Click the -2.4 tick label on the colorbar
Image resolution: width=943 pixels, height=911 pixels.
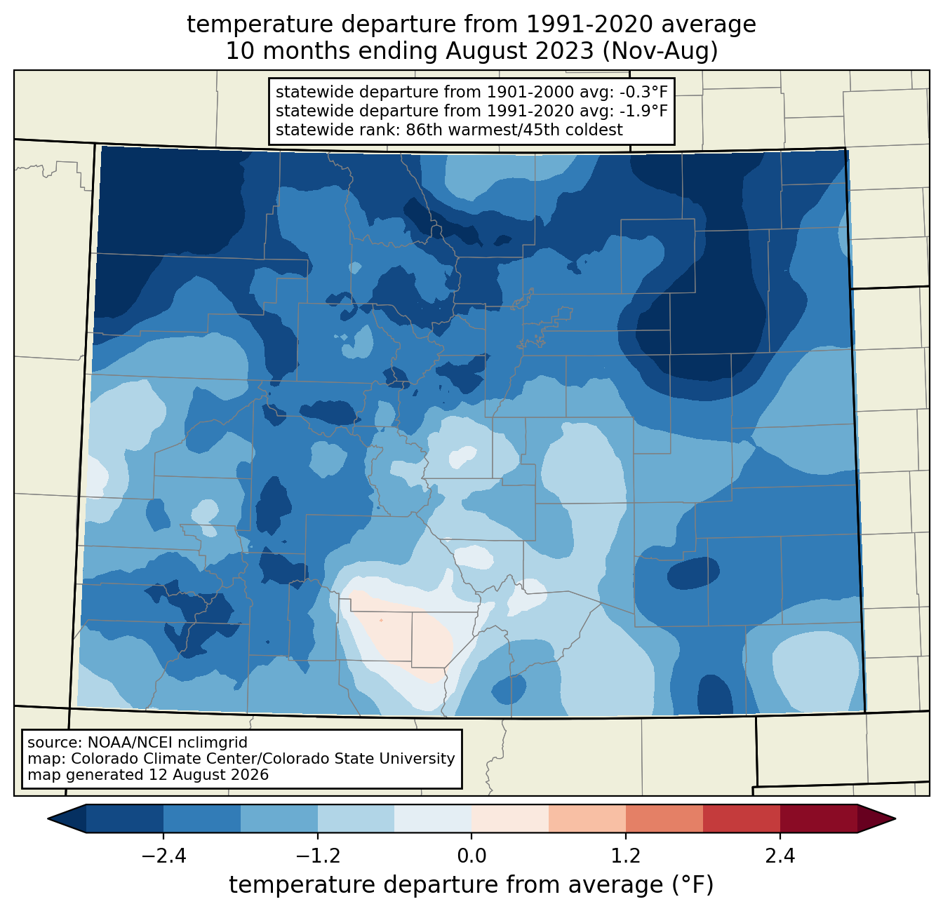pos(163,856)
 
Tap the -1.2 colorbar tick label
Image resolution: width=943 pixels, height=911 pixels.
pos(317,856)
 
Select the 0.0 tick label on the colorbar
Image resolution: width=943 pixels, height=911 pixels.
pos(471,856)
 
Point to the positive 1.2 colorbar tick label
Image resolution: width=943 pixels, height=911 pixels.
pos(626,856)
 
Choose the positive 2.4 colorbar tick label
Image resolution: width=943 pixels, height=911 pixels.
pos(780,856)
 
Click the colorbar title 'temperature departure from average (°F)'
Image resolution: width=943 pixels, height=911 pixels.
pos(471,884)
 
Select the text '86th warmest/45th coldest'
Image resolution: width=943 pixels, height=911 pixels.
pos(514,130)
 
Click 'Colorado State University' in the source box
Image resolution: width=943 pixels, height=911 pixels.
pos(360,758)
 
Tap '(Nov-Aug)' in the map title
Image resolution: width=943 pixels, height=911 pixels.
pos(660,51)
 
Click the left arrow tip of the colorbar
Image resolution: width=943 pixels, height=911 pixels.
pos(48,819)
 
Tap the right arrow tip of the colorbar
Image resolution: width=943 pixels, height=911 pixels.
pos(895,819)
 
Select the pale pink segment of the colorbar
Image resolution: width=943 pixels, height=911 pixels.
pos(510,819)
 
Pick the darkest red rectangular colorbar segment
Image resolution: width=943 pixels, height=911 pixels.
pos(819,819)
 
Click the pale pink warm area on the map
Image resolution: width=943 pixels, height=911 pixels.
pos(407,635)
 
